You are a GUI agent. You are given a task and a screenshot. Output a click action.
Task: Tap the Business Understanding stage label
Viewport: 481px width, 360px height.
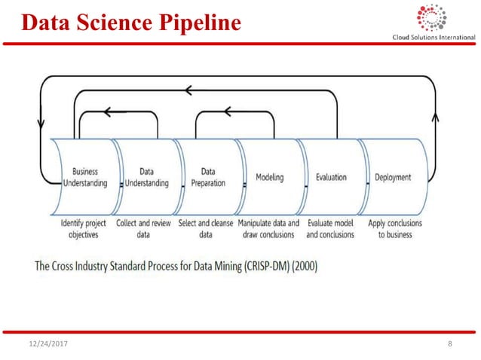tap(84, 177)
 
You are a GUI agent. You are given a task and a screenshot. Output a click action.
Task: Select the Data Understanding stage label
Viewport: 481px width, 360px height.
tap(146, 177)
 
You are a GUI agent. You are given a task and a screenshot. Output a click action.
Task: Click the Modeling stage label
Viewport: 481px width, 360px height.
tap(269, 178)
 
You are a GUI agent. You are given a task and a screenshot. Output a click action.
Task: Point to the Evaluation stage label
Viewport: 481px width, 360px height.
tap(331, 178)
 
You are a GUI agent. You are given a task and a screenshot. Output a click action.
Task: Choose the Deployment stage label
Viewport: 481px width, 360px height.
tap(393, 178)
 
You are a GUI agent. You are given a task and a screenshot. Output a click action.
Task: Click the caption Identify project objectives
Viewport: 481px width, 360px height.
tap(84, 229)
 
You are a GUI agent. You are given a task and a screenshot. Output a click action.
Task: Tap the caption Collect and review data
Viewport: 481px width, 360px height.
tap(145, 229)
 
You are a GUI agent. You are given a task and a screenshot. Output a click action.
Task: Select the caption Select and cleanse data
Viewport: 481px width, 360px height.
tap(205, 229)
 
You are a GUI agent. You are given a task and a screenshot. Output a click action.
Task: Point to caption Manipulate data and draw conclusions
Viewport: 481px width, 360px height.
tap(268, 229)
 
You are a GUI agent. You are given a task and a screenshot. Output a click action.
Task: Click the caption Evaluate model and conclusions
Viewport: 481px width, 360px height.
tap(330, 229)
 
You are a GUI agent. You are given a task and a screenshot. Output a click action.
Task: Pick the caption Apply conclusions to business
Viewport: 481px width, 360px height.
tap(394, 229)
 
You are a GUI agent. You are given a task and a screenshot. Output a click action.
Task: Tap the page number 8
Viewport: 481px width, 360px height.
tap(449, 344)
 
